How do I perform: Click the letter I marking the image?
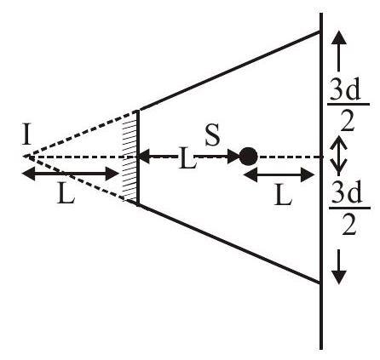26,135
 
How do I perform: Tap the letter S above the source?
212,135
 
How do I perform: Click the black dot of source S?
249,157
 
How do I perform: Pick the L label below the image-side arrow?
66,193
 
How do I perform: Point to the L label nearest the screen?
283,195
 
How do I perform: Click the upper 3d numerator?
346,91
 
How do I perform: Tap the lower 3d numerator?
347,193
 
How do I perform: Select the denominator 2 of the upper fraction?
348,121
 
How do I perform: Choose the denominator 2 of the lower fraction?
348,225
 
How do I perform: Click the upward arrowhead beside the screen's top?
339,37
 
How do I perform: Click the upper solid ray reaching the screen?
229,71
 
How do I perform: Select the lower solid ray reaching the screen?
229,243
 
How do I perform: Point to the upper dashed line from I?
80,134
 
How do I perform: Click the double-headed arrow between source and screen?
279,175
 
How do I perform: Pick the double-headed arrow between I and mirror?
70,174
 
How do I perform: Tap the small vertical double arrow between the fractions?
338,156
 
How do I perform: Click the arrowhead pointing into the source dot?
233,157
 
